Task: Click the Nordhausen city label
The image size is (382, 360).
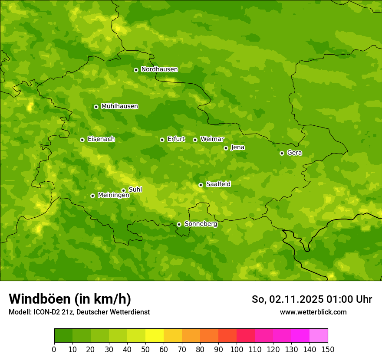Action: [x=159, y=69]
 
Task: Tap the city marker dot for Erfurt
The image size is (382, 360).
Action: [x=162, y=140]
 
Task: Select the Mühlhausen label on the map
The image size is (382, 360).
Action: [x=119, y=106]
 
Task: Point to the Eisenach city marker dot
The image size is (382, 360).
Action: [x=82, y=140]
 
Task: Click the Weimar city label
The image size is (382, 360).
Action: [x=212, y=139]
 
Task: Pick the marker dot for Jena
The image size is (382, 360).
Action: [x=226, y=148]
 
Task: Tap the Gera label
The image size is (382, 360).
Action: [x=294, y=153]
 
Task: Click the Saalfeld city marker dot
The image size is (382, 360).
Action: [x=201, y=185]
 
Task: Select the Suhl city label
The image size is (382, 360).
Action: [x=135, y=190]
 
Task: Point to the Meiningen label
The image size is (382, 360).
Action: [x=113, y=196]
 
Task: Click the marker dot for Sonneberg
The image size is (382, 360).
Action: [x=179, y=224]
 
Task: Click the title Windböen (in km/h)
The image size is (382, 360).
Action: [x=70, y=299]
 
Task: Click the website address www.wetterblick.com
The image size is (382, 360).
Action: [x=313, y=312]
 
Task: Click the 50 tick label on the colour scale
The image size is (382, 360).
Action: [x=145, y=349]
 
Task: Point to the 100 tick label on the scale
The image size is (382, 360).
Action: [x=237, y=349]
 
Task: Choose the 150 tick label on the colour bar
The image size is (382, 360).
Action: [x=328, y=349]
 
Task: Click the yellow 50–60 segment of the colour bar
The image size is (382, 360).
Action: [x=155, y=336]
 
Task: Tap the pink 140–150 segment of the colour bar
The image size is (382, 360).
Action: [x=319, y=336]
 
